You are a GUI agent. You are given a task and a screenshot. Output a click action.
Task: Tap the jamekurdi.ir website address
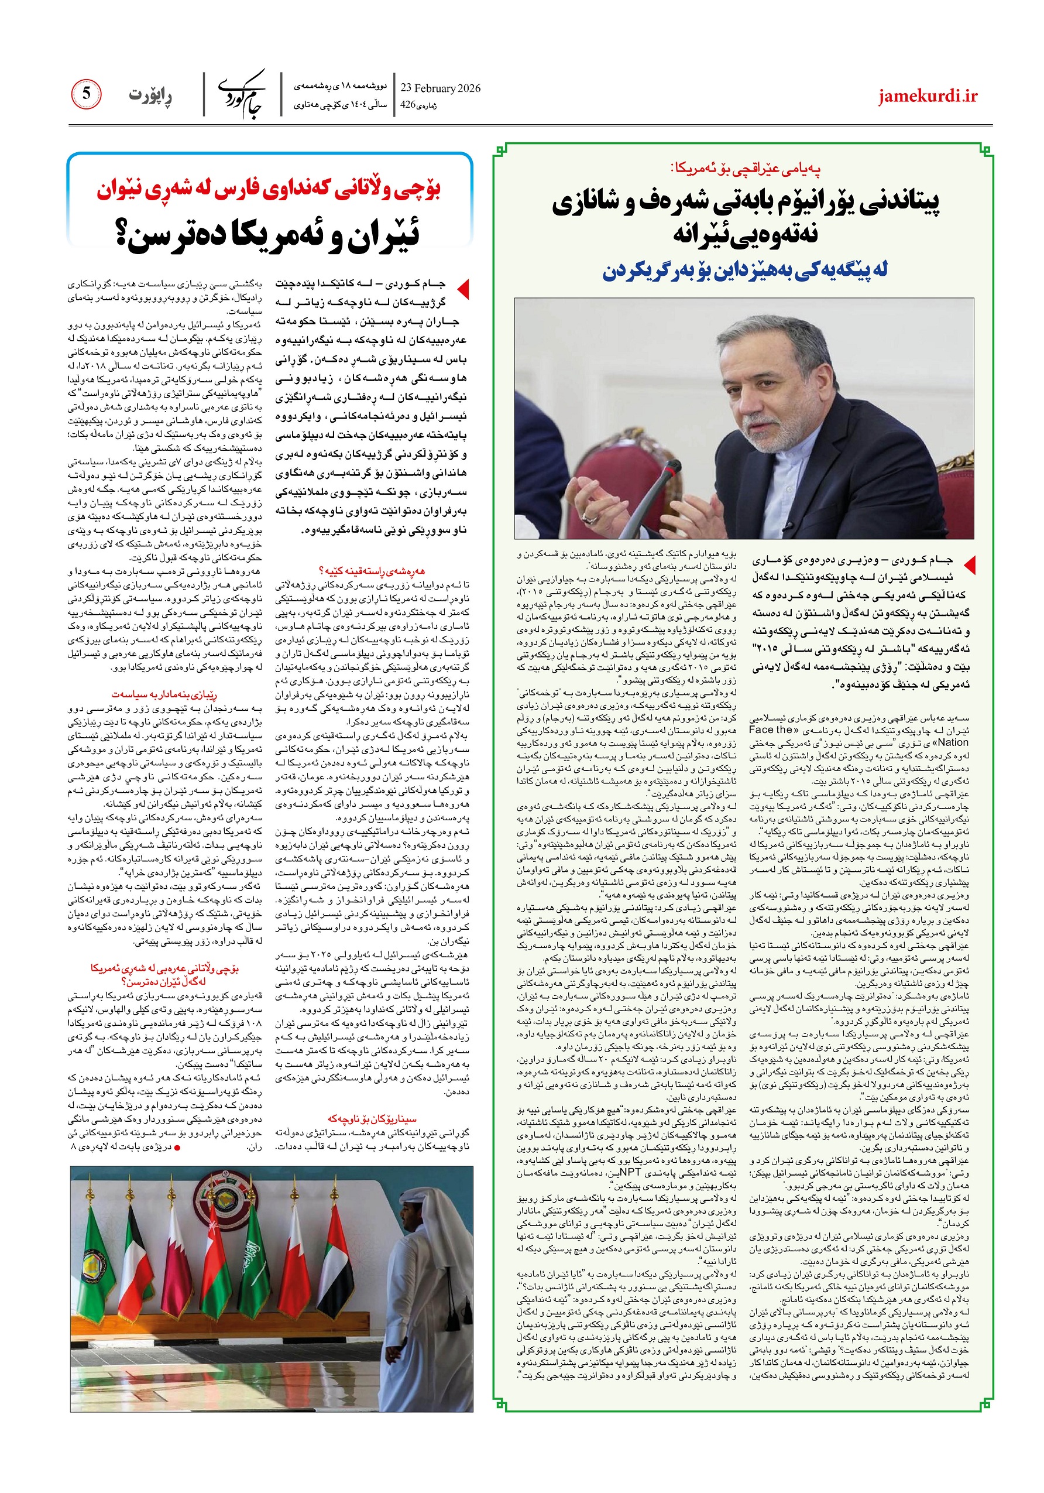pos(928,96)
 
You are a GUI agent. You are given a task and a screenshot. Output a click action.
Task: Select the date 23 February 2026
pos(440,88)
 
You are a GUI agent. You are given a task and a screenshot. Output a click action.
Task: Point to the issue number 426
pos(407,104)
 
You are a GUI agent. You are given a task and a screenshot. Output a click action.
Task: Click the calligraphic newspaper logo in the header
pos(242,94)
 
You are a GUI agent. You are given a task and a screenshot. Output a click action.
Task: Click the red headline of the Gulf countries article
pos(269,189)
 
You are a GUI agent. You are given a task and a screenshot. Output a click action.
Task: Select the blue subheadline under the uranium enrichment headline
pos(744,270)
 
